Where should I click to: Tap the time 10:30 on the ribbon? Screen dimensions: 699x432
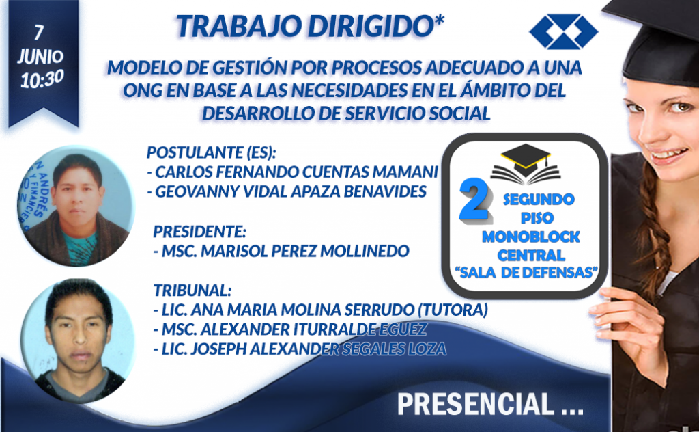click(x=42, y=79)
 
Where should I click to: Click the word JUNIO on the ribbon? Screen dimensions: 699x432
click(x=40, y=57)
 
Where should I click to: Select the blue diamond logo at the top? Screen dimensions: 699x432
click(x=563, y=31)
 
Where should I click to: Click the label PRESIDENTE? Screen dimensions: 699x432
click(x=200, y=232)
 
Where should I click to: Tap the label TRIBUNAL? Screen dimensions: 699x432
click(x=192, y=291)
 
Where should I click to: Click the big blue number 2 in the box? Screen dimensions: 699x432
click(x=475, y=199)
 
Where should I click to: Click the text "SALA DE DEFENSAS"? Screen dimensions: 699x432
click(x=526, y=272)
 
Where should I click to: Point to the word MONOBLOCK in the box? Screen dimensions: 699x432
click(x=530, y=237)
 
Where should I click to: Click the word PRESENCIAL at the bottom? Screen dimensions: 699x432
click(x=475, y=404)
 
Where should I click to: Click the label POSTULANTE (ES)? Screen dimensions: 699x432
click(x=212, y=152)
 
